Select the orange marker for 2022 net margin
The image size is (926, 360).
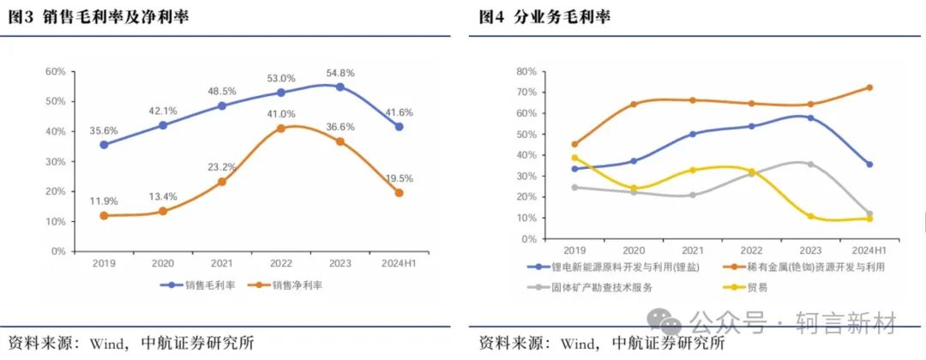(281, 129)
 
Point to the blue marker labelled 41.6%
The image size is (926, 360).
(399, 127)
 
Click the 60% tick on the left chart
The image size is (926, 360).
(55, 71)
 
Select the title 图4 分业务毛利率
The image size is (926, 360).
(544, 17)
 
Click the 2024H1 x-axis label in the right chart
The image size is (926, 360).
(869, 250)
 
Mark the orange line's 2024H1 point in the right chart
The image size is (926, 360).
(869, 87)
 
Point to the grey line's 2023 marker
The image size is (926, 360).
(809, 164)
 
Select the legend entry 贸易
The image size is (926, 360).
(750, 287)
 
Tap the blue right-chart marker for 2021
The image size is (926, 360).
(692, 134)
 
